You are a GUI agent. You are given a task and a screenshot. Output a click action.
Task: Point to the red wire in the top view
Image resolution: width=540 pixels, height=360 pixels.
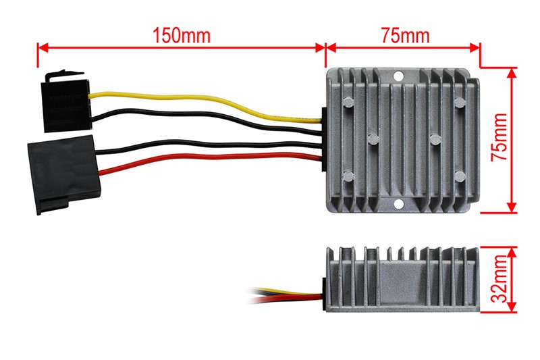pos(202,160)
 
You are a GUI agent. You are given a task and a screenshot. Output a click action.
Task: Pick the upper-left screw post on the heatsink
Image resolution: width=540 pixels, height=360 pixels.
pos(348,103)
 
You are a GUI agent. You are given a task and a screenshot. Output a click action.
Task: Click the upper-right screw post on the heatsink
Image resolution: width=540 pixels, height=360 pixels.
pos(459,103)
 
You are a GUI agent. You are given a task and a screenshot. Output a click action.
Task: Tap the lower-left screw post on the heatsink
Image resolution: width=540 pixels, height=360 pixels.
pos(348,176)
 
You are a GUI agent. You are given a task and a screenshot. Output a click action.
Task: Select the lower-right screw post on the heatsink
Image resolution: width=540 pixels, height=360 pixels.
pos(459,176)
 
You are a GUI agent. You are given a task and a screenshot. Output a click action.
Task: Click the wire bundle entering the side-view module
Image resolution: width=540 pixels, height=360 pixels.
pos(283,294)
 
